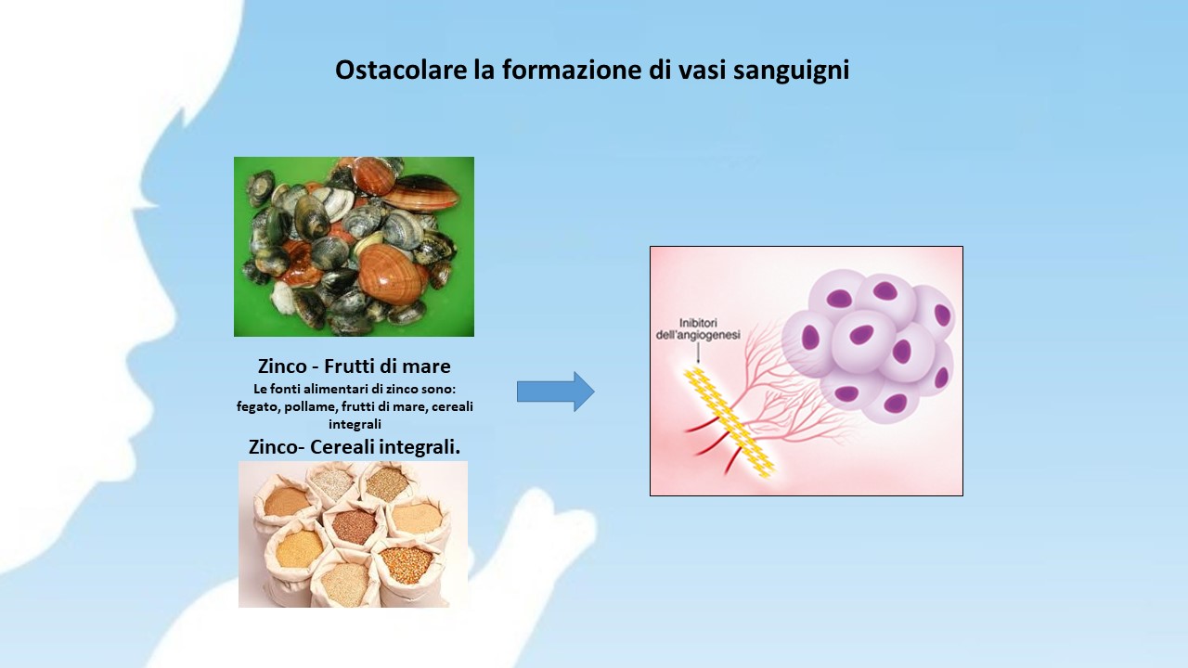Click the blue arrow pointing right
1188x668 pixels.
tap(556, 392)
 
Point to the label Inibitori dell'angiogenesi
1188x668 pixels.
tap(698, 328)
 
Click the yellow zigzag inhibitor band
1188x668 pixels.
tap(730, 422)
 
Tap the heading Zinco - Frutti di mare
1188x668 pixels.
tap(355, 366)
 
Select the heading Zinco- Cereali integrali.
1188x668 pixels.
tap(355, 447)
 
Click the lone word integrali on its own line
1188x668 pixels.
tap(355, 424)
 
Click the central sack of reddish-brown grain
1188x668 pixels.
tap(354, 527)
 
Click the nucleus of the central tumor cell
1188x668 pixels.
tap(861, 335)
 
